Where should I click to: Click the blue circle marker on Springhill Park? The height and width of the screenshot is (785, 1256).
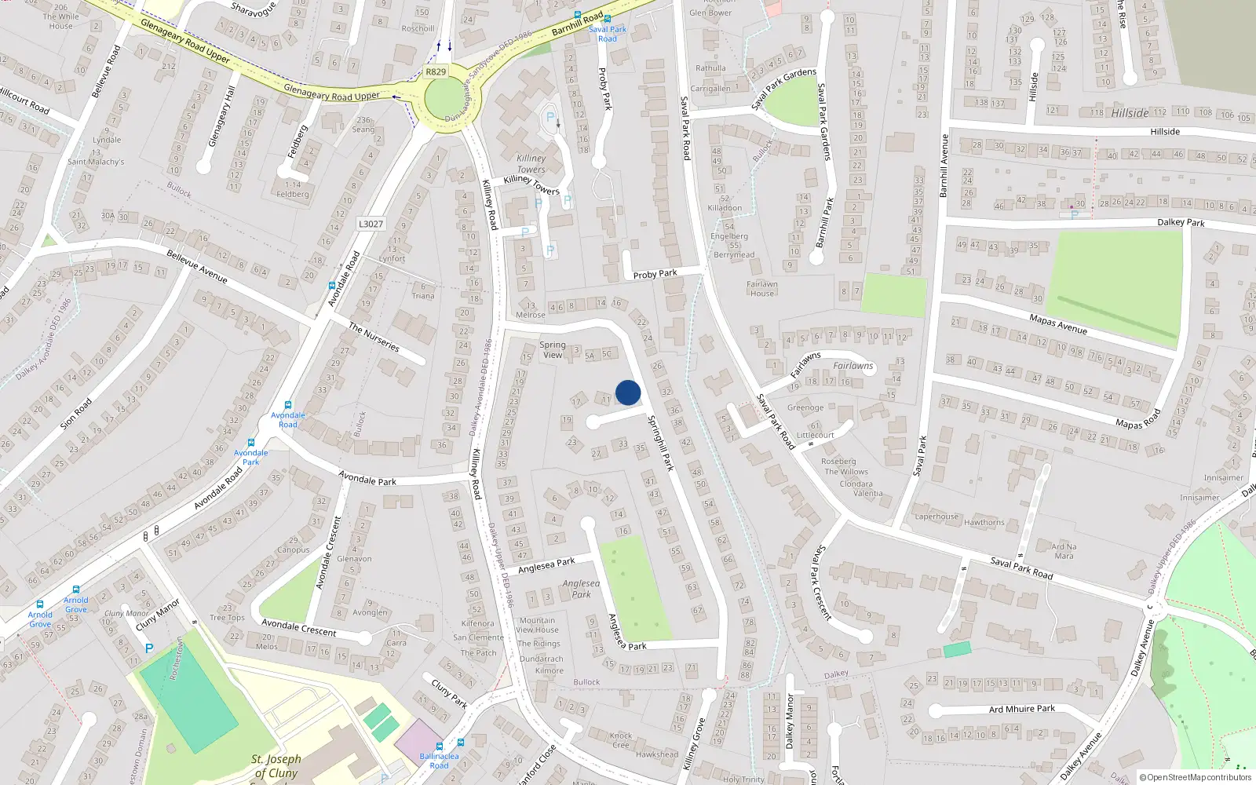pyautogui.click(x=628, y=392)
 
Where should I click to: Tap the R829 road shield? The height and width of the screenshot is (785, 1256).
pyautogui.click(x=435, y=71)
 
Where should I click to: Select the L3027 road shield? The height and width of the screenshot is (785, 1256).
pyautogui.click(x=371, y=224)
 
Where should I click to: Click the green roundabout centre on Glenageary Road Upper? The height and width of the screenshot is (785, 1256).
pyautogui.click(x=445, y=100)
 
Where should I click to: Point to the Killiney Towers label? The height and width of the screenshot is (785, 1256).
pyautogui.click(x=531, y=164)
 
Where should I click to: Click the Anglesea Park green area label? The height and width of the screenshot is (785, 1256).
pyautogui.click(x=581, y=589)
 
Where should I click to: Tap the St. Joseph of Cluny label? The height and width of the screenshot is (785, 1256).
pyautogui.click(x=276, y=765)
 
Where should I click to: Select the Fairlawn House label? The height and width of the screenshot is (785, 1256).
pyautogui.click(x=761, y=289)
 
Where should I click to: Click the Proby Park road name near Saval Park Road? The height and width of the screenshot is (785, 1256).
pyautogui.click(x=655, y=274)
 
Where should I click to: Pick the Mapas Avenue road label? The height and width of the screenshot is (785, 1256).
pyautogui.click(x=1057, y=323)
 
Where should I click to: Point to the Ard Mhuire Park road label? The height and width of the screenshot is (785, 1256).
pyautogui.click(x=1022, y=709)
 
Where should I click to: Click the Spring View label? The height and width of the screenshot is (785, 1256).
pyautogui.click(x=553, y=349)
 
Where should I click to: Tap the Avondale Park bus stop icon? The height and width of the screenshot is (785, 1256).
pyautogui.click(x=251, y=444)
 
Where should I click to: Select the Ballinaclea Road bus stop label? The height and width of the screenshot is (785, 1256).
pyautogui.click(x=439, y=761)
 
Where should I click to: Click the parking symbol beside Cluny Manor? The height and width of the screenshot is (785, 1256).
pyautogui.click(x=149, y=648)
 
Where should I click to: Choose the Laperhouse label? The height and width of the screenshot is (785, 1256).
pyautogui.click(x=937, y=517)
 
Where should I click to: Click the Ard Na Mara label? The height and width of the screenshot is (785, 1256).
pyautogui.click(x=1064, y=551)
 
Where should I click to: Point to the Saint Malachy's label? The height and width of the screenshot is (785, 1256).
pyautogui.click(x=96, y=162)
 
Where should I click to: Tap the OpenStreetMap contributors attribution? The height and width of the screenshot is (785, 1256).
pyautogui.click(x=1196, y=777)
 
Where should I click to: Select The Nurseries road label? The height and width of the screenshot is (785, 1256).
pyautogui.click(x=374, y=338)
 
